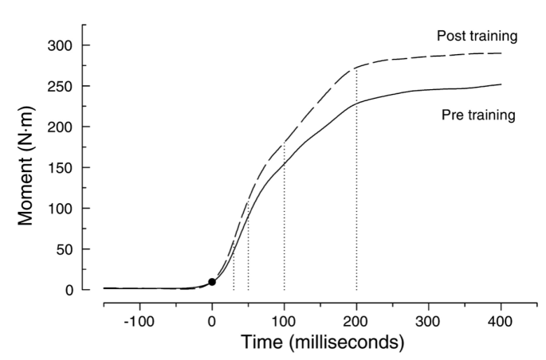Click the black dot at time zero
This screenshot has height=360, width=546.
tap(212, 282)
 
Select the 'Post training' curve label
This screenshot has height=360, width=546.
tap(476, 37)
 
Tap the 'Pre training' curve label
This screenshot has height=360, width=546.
tap(478, 115)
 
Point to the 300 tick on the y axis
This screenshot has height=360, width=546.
tap(62, 46)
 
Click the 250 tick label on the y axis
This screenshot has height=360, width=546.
tap(62, 87)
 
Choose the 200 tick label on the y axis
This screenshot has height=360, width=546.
tap(62, 127)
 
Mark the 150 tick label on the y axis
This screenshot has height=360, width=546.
tap(62, 168)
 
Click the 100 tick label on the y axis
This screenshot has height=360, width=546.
tap(62, 209)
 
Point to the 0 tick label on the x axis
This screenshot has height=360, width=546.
tap(212, 321)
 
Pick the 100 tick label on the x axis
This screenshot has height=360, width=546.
tap(285, 321)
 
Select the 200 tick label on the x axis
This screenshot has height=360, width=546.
tap(356, 321)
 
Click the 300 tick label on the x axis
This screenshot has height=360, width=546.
tap(429, 321)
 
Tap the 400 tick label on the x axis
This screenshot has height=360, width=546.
tap(501, 321)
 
